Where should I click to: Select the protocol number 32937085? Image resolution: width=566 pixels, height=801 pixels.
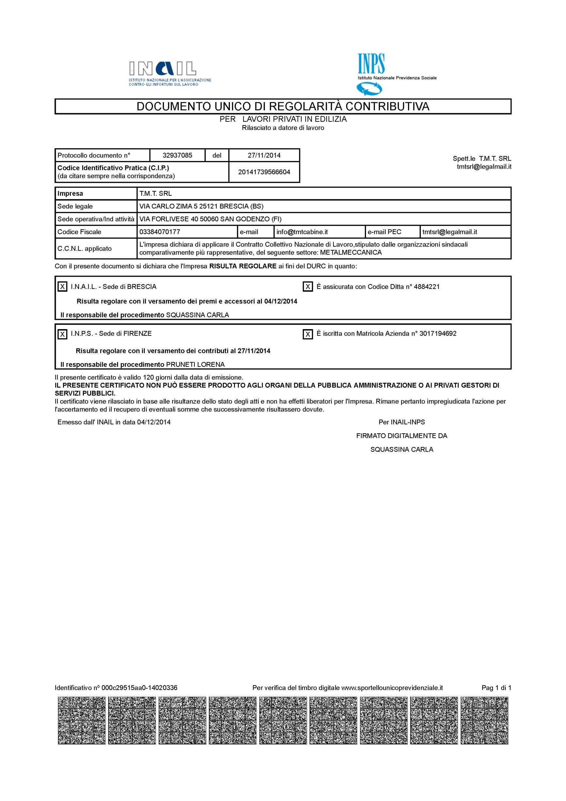177,155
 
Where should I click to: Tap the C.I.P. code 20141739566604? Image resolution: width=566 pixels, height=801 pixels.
264,172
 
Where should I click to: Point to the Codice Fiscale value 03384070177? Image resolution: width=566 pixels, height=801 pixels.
160,232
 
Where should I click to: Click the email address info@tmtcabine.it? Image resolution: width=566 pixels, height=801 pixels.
302,232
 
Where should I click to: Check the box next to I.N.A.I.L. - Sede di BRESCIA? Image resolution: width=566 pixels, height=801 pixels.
62,287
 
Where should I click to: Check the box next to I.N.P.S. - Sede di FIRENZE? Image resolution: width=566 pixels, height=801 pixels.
62,334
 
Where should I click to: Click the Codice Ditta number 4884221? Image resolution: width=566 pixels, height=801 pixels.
426,287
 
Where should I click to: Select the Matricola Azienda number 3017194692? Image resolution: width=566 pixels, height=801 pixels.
438,333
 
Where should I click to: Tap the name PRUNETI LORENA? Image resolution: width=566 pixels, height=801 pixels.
195,364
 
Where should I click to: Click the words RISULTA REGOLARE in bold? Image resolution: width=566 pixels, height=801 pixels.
243,267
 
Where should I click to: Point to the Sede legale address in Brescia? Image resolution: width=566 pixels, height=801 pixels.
201,207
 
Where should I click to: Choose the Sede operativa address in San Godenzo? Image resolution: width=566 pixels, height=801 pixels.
210,219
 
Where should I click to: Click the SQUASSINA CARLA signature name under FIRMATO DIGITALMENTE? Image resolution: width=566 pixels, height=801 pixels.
402,450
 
